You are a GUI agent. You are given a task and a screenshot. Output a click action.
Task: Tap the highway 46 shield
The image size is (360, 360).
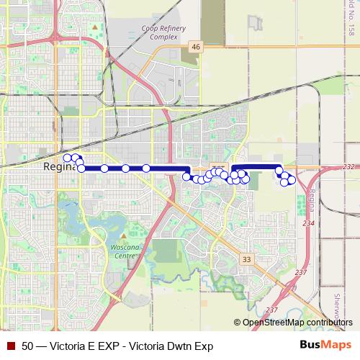pos(195,47)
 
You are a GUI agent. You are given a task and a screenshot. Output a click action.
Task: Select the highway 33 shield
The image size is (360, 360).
pos(247,258)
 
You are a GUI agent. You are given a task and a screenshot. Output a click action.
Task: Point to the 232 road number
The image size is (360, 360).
pos(349,166)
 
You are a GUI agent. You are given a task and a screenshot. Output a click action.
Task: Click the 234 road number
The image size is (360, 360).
pos(308,224)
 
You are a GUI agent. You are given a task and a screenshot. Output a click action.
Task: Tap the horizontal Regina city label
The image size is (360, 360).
pos(58,166)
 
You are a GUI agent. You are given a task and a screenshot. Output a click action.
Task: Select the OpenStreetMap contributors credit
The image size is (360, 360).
pos(298,323)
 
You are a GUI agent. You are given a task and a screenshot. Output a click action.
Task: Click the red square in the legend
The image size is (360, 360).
pos(11,346)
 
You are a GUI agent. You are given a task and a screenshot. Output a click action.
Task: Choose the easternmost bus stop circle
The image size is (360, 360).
pos(292,180)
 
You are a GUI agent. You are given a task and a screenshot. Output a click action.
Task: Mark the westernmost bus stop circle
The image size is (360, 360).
pos(68,158)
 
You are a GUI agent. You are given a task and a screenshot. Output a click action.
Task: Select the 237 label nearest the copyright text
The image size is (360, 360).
pos(271,310)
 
